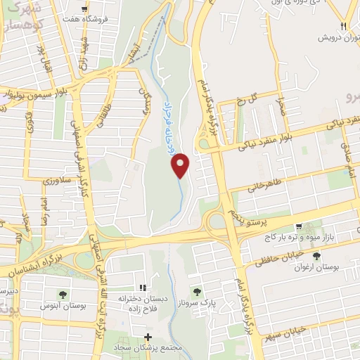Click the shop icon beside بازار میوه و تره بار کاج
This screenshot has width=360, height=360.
pyautogui.click(x=300, y=226)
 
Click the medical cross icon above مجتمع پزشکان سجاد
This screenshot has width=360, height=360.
pyautogui.click(x=148, y=336)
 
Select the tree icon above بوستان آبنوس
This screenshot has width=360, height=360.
pyautogui.click(x=64, y=294)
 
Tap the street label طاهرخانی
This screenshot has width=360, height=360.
pyautogui.click(x=266, y=182)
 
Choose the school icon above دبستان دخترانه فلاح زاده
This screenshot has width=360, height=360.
pyautogui.click(x=143, y=287)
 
